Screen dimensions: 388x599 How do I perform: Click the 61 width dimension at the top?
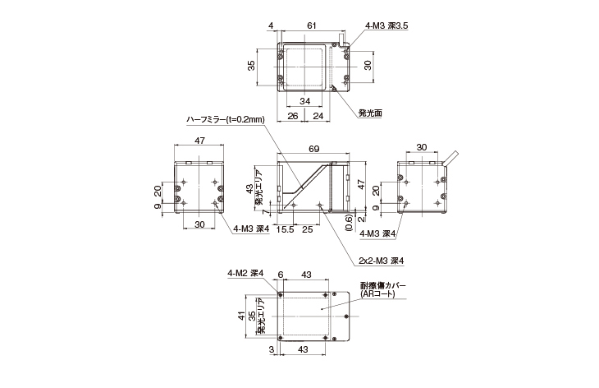click(312, 25)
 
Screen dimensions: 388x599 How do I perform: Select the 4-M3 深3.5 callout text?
click(385, 25)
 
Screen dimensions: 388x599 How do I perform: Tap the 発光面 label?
click(371, 113)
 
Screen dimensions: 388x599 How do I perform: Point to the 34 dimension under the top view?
click(304, 101)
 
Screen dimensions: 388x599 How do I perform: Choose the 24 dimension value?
click(318, 116)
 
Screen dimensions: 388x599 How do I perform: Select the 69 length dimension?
click(313, 150)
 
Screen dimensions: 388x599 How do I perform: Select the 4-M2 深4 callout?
click(245, 274)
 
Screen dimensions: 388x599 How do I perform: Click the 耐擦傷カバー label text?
click(383, 285)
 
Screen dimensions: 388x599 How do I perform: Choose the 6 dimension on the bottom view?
click(280, 274)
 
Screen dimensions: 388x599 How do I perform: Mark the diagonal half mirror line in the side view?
click(306, 181)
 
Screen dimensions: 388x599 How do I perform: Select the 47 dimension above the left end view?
click(199, 142)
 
